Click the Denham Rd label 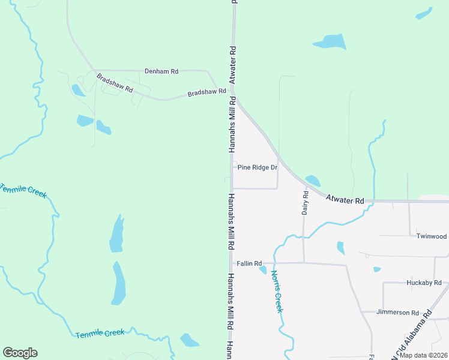(x=161, y=71)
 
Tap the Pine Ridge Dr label (x=258, y=167)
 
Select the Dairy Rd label (x=305, y=203)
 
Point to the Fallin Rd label (x=249, y=263)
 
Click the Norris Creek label (x=276, y=292)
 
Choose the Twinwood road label (x=432, y=236)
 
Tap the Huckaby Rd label (x=424, y=283)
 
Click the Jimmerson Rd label (x=397, y=313)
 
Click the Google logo (x=20, y=353)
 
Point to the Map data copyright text (x=423, y=355)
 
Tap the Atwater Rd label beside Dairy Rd (x=345, y=199)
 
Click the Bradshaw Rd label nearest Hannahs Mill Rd (x=206, y=92)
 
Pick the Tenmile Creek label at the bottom (x=100, y=333)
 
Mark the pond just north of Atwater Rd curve (x=313, y=181)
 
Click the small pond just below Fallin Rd (x=262, y=270)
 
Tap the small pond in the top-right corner (x=424, y=13)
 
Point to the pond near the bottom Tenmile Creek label (x=190, y=340)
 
